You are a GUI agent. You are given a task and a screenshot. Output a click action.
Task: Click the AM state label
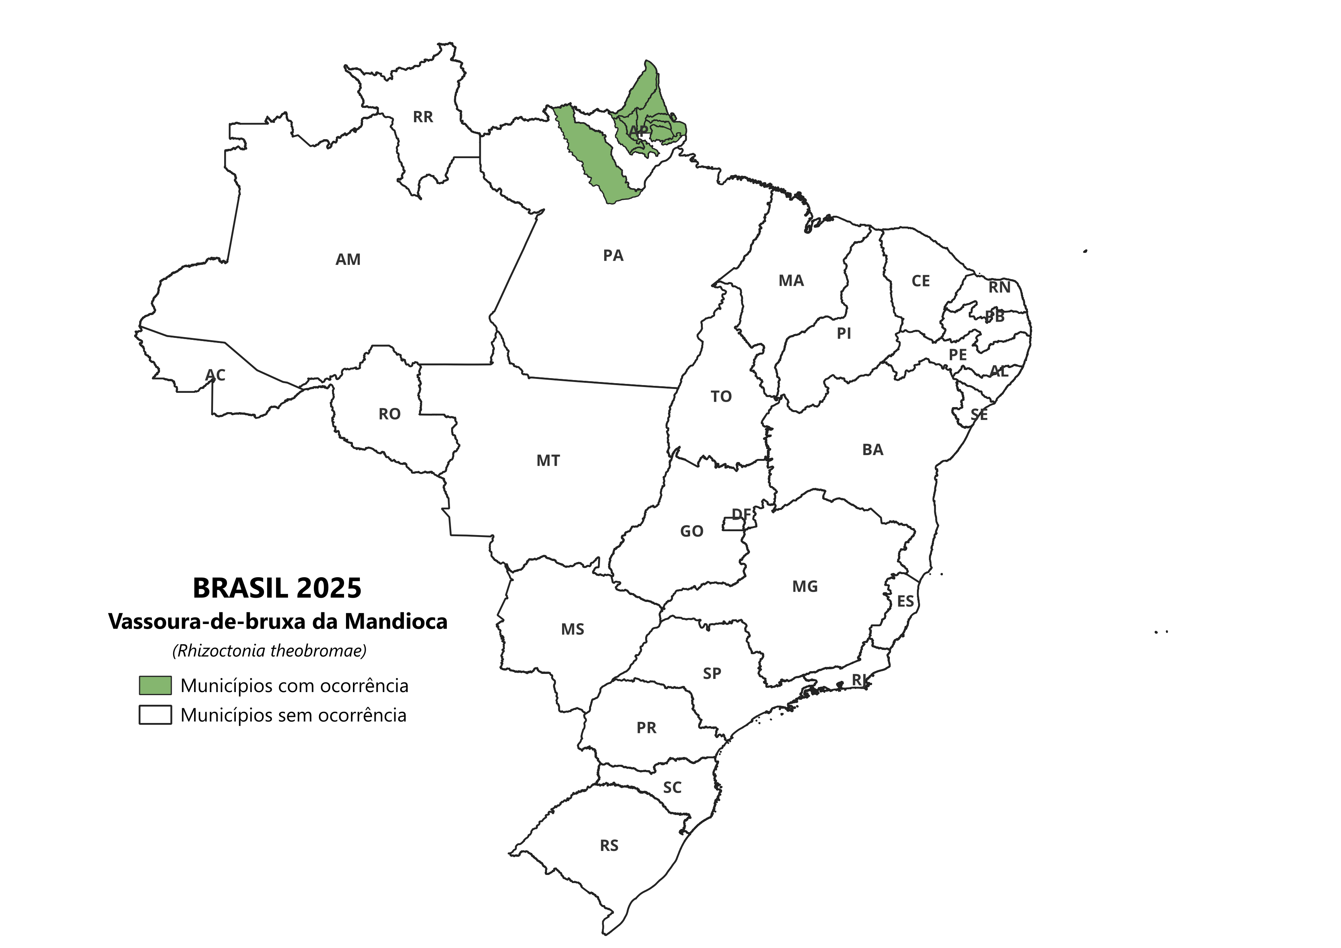pos(348,259)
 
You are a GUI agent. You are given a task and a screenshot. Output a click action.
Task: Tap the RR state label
pos(423,117)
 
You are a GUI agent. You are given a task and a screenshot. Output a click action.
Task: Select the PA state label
pos(613,255)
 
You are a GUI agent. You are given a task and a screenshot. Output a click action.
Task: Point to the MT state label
pos(548,461)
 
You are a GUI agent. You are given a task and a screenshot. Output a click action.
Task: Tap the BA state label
pos(872,450)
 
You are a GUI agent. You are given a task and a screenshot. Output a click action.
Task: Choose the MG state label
pos(805,587)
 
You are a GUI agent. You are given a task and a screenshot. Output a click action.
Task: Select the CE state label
pos(920,281)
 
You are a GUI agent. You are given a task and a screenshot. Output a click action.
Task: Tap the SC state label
pos(672,788)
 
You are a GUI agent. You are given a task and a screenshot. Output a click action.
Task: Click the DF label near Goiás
pos(741,514)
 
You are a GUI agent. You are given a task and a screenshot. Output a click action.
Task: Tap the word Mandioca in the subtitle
pos(395,621)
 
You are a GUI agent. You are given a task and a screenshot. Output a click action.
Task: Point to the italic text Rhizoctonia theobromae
pos(269,651)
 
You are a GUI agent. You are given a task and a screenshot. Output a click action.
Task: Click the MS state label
pos(573,629)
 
